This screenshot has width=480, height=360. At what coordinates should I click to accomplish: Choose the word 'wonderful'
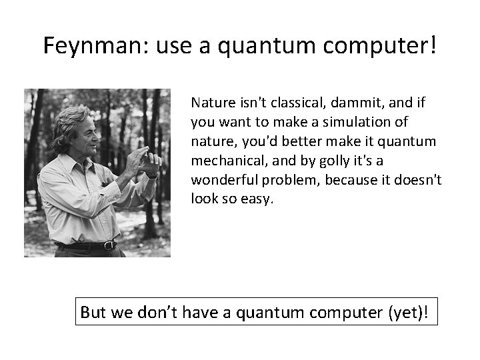[x=220, y=181]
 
